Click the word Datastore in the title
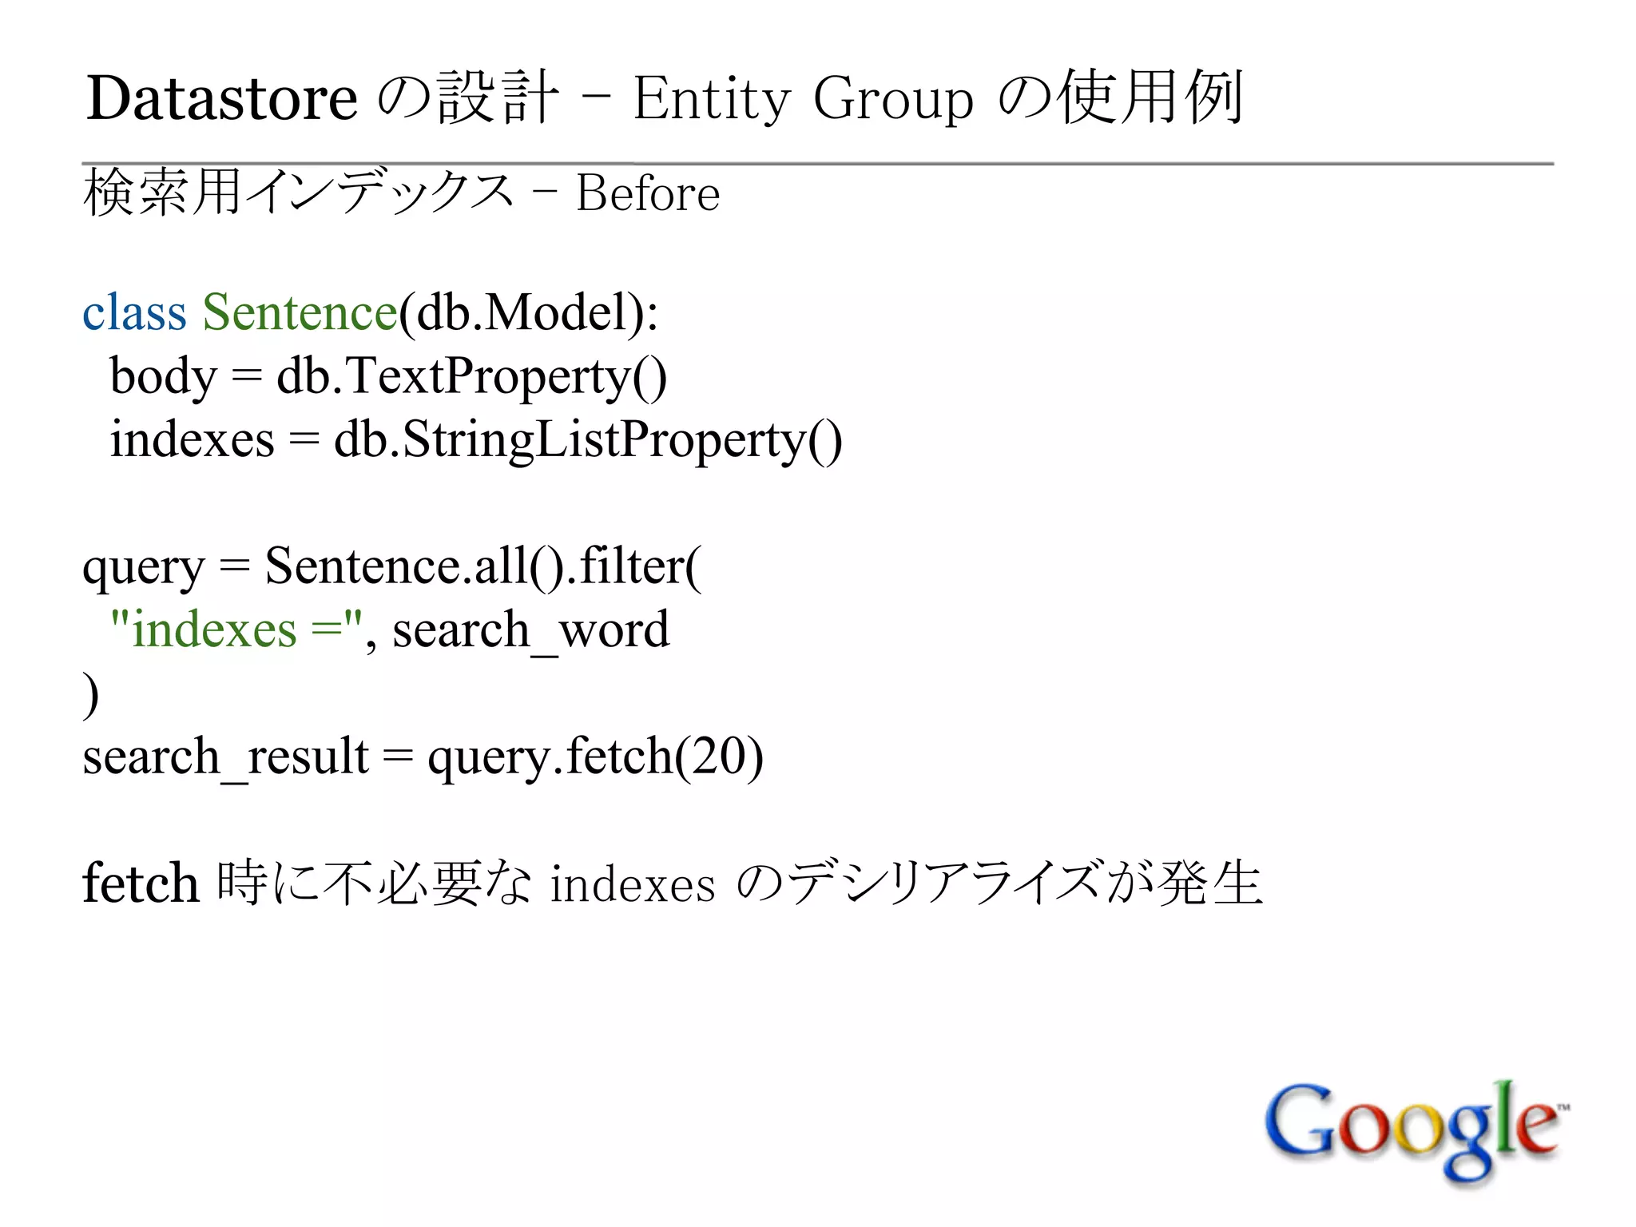point(222,99)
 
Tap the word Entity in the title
point(711,99)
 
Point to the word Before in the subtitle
point(648,194)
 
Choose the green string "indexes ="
point(236,629)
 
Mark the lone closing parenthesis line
point(91,693)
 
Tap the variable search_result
point(225,757)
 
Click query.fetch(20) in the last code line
point(595,757)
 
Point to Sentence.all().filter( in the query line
point(483,566)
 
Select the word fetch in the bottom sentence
point(141,884)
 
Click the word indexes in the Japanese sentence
point(633,885)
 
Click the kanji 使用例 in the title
point(1150,99)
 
